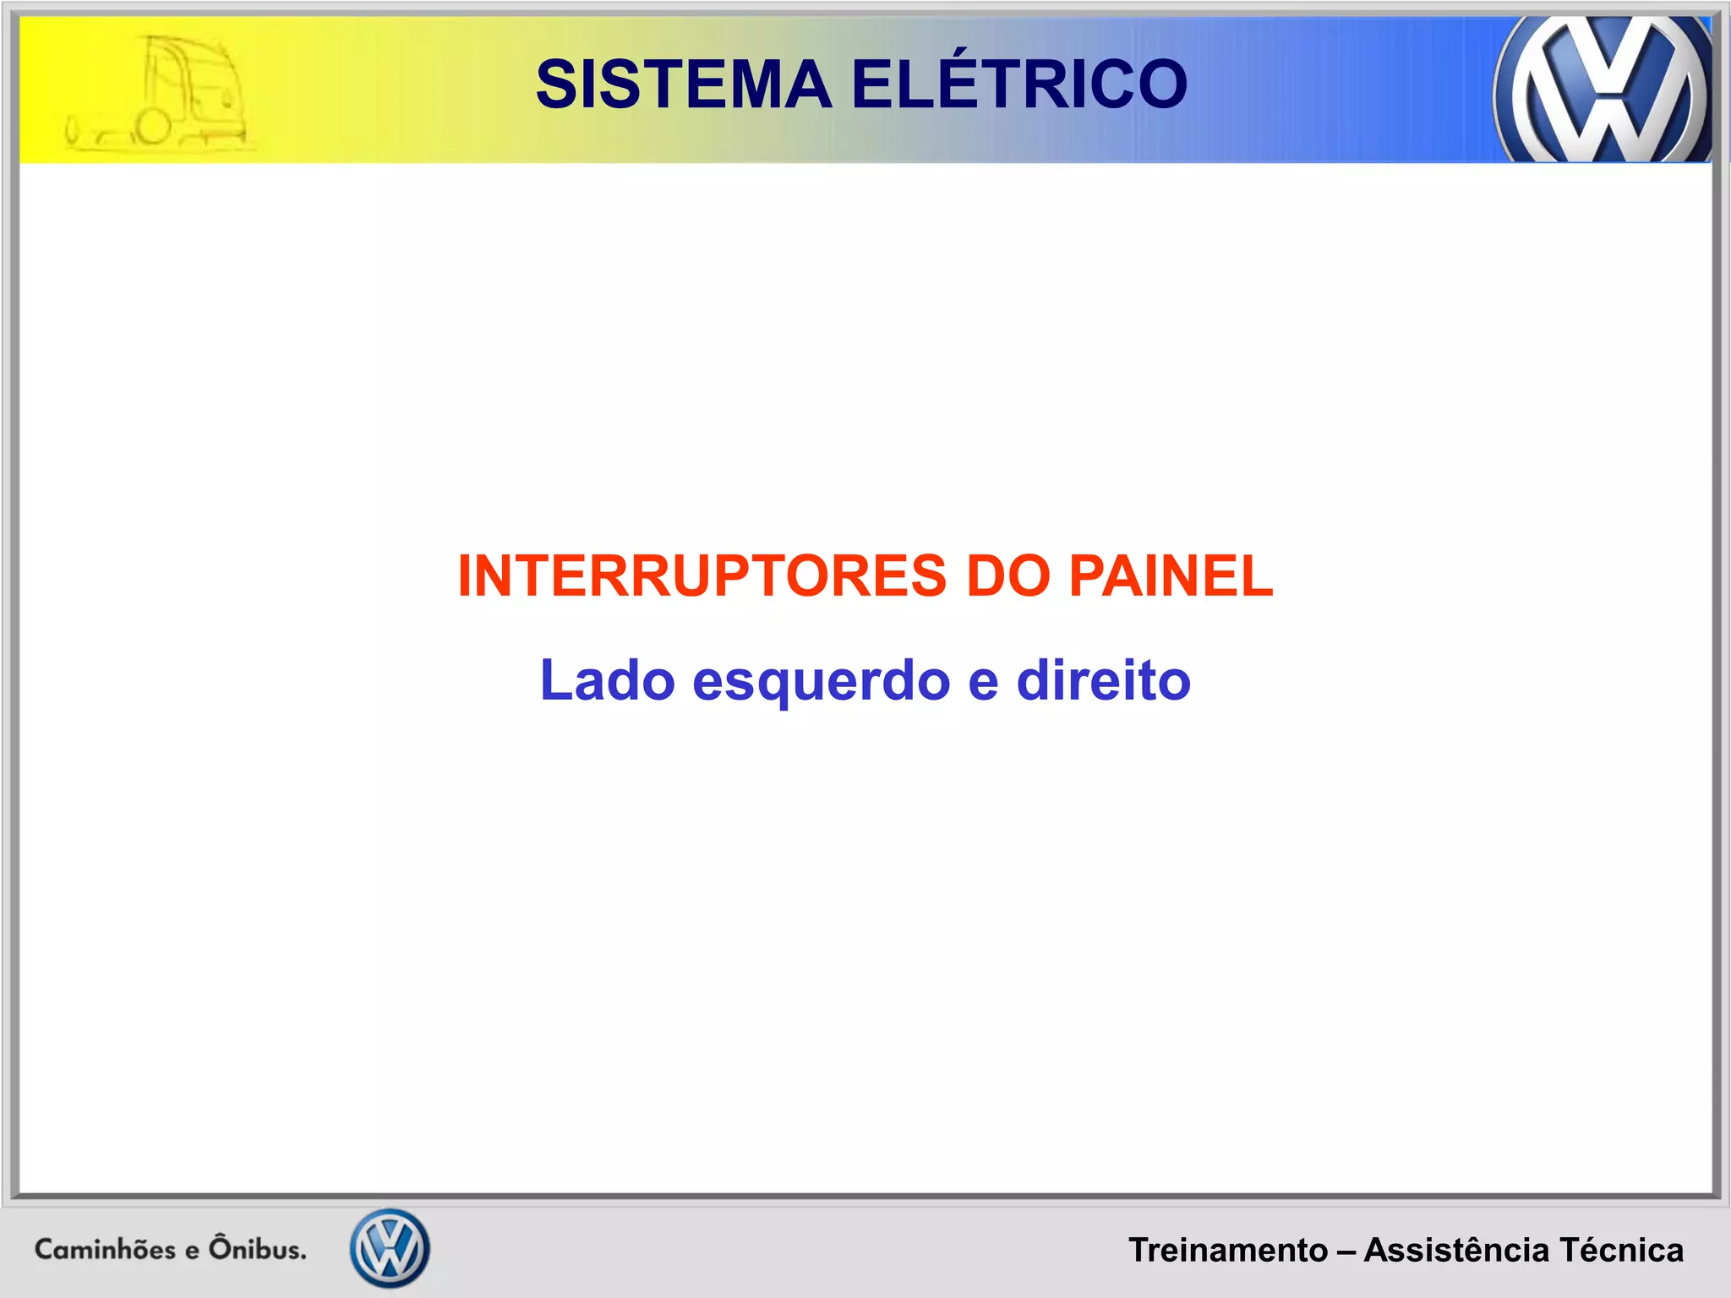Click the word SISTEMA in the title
[x=684, y=85]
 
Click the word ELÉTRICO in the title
[x=1019, y=84]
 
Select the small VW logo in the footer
[x=390, y=1248]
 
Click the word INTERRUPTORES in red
[x=702, y=576]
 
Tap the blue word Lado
[x=607, y=681]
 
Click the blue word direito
[x=1103, y=681]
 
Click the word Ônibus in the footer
[x=258, y=1248]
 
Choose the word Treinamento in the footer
[x=1228, y=1251]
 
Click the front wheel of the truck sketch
[x=153, y=127]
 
